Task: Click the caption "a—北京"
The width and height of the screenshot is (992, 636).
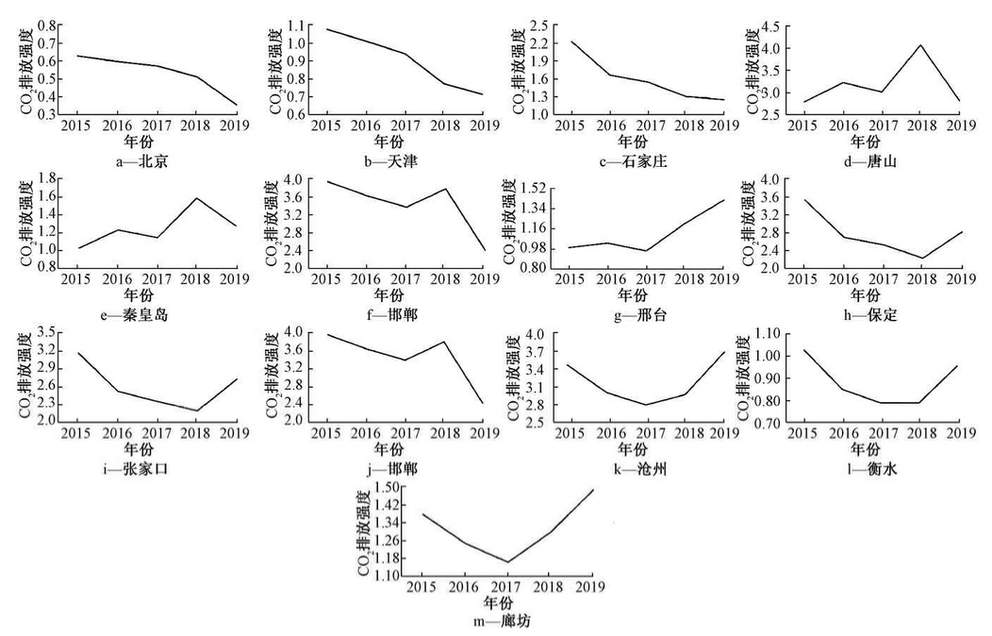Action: [x=144, y=162]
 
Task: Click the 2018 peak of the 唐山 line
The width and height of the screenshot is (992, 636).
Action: [x=921, y=45]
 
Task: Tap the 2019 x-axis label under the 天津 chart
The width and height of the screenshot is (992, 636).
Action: [x=483, y=125]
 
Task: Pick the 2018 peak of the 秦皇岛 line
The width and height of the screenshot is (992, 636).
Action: [x=196, y=198]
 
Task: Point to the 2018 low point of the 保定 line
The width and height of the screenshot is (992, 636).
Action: [x=921, y=258]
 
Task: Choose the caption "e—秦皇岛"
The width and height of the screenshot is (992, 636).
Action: [x=143, y=314]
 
